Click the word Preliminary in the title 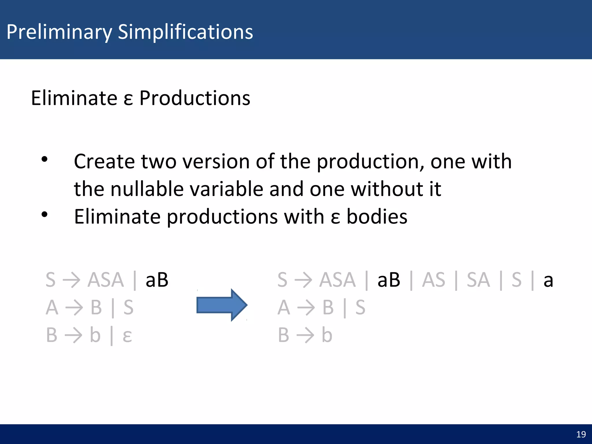click(59, 32)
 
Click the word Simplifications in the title click(185, 32)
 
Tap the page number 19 click(581, 434)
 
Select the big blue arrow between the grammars click(221, 305)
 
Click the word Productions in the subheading click(195, 98)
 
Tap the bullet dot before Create click(44, 159)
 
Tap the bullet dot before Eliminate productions click(44, 214)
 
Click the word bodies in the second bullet click(377, 217)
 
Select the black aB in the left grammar click(157, 280)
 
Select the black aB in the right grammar click(388, 280)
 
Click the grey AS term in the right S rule click(433, 280)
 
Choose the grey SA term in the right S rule click(478, 280)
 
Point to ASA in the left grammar click(106, 280)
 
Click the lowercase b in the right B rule click(327, 335)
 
